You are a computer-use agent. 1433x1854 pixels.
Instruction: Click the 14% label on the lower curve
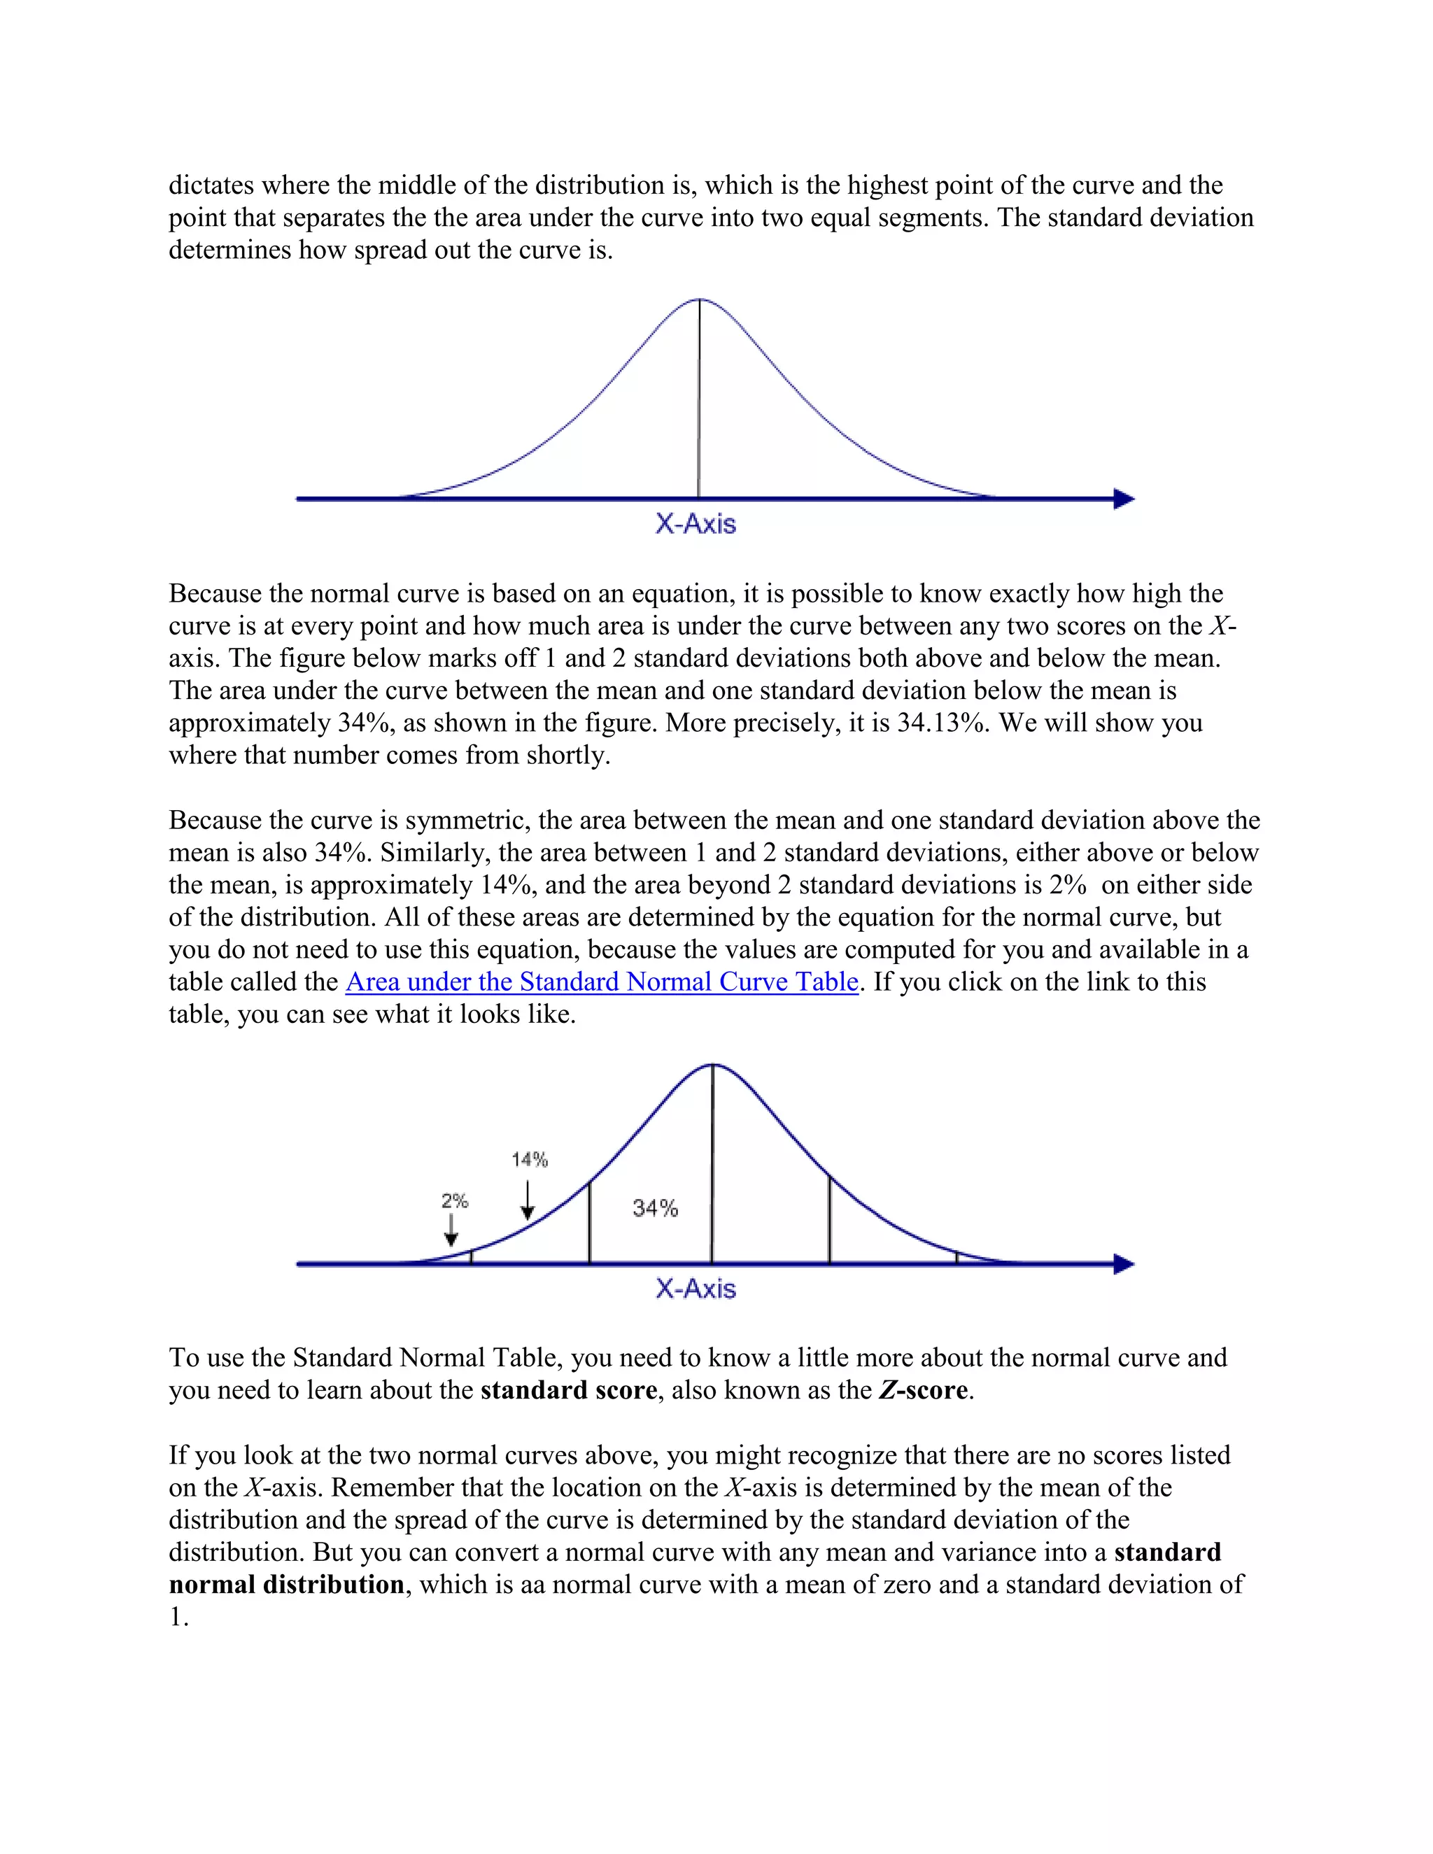[x=530, y=1159]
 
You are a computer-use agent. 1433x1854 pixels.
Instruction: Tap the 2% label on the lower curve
[x=454, y=1201]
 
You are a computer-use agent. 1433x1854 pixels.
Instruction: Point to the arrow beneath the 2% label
[x=451, y=1230]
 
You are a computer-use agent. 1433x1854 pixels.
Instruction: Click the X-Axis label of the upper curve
[x=696, y=524]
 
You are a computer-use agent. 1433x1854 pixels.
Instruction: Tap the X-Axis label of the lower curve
[x=696, y=1289]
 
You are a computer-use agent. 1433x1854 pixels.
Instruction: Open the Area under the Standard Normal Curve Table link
[x=602, y=982]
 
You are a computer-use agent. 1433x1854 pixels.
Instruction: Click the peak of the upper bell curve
[x=699, y=299]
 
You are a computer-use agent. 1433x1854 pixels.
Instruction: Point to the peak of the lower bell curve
[x=712, y=1065]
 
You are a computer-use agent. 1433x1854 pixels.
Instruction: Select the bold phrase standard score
[x=569, y=1391]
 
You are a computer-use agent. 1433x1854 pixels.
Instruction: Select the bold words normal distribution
[x=286, y=1585]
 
